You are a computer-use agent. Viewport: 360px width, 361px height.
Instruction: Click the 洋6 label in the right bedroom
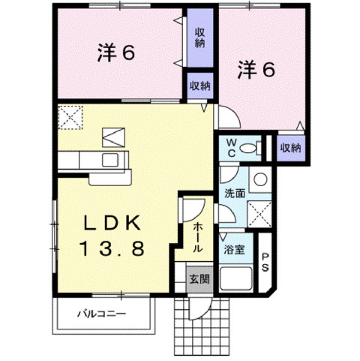coord(257,71)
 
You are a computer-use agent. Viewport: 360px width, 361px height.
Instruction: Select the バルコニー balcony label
coord(102,314)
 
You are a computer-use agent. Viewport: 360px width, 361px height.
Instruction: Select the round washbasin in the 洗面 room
coord(259,179)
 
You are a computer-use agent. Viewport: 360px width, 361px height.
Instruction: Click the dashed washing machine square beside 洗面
coord(259,215)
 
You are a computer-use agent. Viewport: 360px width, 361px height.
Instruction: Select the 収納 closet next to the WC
coord(291,148)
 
